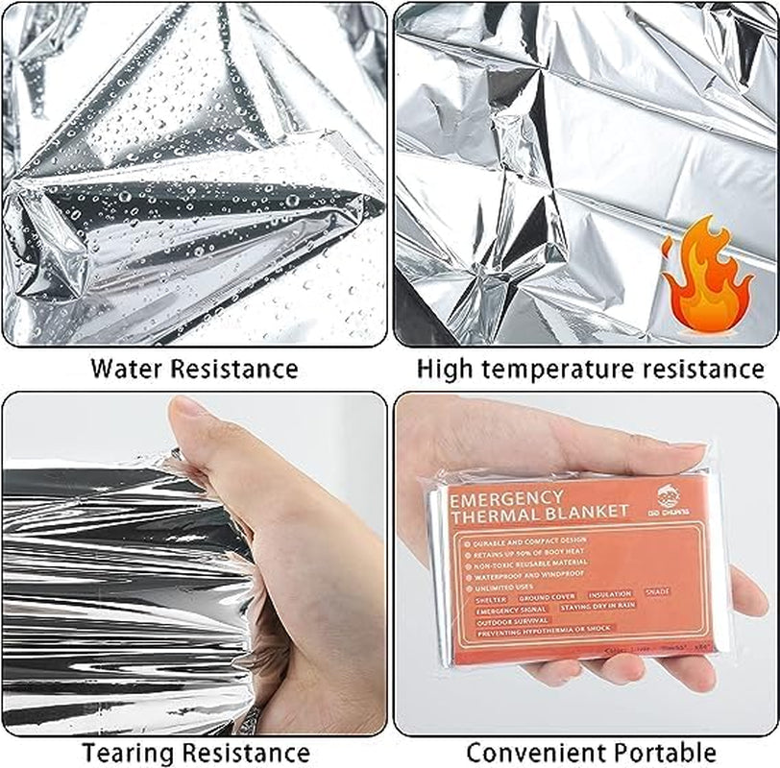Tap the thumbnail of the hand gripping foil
coord(195,564)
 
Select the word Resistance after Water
coord(234,369)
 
